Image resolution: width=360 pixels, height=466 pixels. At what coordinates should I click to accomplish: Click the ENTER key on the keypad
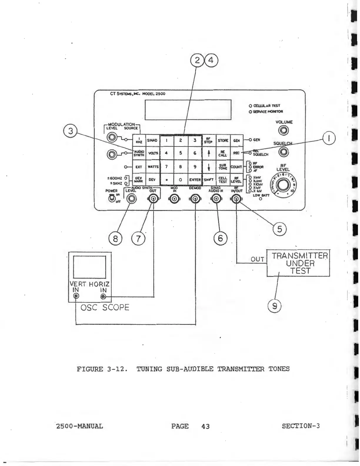click(x=195, y=179)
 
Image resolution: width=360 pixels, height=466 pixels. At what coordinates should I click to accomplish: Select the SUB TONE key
click(x=223, y=167)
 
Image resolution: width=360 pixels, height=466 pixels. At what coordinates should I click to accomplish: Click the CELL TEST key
click(x=223, y=180)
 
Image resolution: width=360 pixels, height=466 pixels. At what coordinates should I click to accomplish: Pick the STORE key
click(x=223, y=140)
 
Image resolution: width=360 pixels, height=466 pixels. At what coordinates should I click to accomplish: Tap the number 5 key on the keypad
click(x=181, y=153)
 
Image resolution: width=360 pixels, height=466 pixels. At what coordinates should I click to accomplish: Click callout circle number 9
click(x=274, y=307)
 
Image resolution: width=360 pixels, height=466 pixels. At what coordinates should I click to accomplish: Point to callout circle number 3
click(x=71, y=131)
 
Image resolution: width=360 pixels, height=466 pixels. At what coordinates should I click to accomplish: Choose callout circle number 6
click(x=220, y=238)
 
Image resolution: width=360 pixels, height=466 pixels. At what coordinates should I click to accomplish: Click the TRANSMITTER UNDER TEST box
click(x=298, y=263)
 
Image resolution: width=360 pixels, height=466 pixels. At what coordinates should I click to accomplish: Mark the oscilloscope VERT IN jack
click(x=76, y=296)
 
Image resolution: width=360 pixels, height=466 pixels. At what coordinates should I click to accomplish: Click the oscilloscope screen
click(x=89, y=267)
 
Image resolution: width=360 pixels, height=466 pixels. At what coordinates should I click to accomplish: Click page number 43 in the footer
click(x=206, y=426)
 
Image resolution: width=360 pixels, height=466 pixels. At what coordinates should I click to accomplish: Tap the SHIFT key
click(x=209, y=179)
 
